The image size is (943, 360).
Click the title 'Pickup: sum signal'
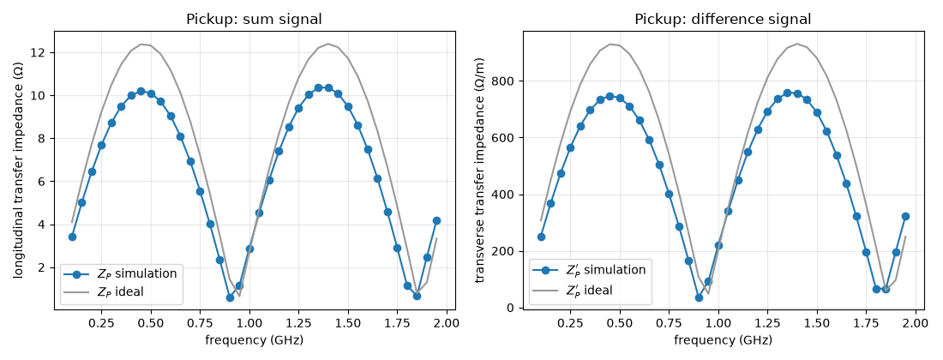pos(253,19)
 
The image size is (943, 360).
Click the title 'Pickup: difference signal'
pos(723,19)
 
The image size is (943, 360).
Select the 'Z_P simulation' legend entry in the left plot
pos(120,274)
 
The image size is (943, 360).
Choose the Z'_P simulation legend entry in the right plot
pos(589,270)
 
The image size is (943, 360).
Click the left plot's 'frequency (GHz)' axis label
pos(254,340)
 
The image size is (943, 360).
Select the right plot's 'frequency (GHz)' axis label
pos(723,340)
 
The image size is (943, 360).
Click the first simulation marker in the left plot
pos(72,237)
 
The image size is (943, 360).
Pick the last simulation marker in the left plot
pos(436,221)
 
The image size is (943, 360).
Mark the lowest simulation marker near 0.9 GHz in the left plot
pos(230,297)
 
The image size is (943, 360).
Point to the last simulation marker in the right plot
pos(906,216)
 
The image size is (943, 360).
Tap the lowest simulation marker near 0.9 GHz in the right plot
pos(699,297)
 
